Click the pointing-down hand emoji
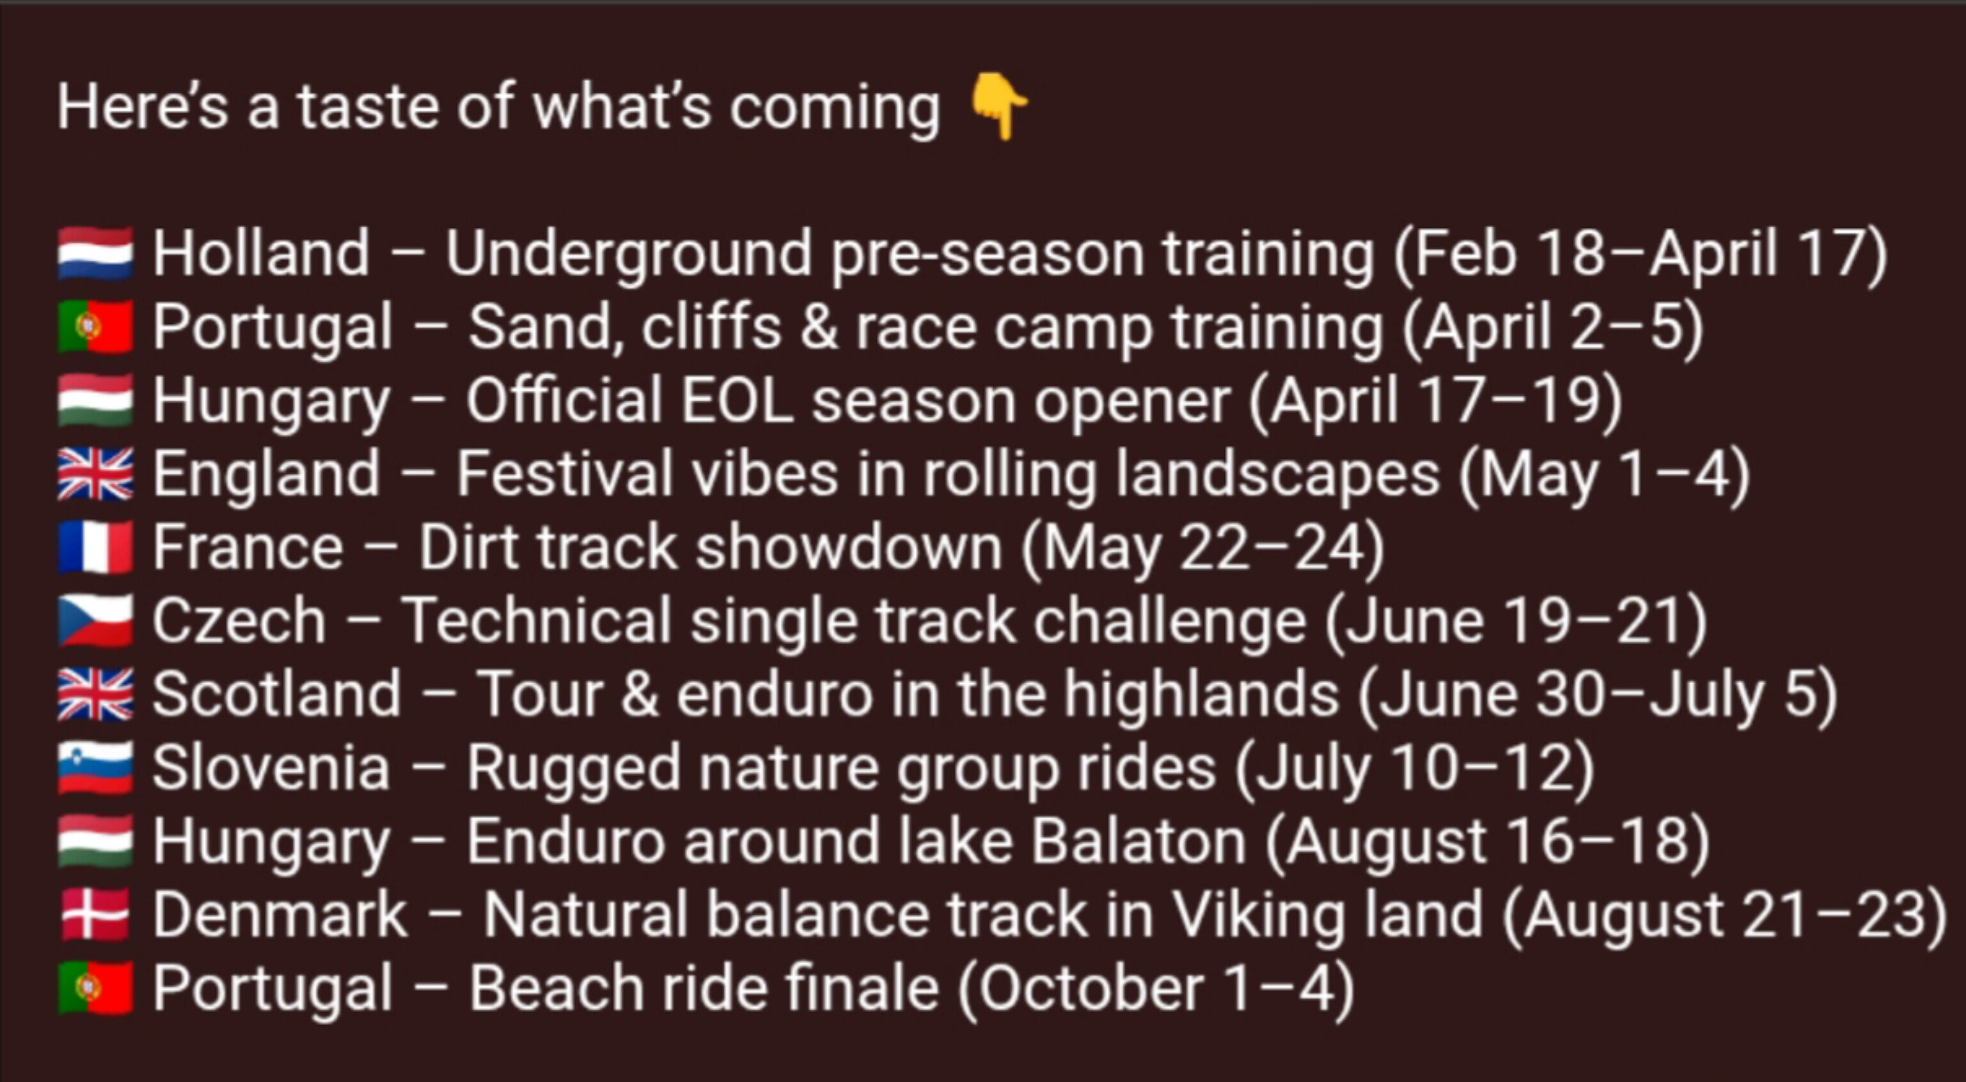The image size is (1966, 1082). coord(998,106)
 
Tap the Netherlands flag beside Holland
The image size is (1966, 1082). coord(95,253)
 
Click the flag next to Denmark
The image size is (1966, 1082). coord(95,914)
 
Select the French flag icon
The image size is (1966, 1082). coord(95,547)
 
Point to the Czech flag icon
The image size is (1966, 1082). coord(95,620)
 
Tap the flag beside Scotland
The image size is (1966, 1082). coord(95,694)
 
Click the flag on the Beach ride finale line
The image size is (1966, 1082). coord(95,988)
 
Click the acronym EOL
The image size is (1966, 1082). coord(737,400)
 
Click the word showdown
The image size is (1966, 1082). coord(849,547)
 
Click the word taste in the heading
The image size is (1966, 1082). coord(368,107)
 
